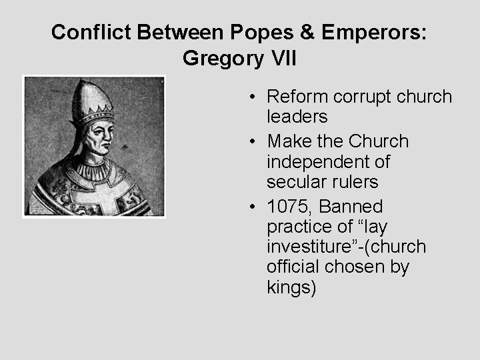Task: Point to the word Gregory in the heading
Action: pos(221,59)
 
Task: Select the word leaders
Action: pos(297,117)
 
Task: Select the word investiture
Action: pos(304,247)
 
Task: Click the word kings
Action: pos(291,288)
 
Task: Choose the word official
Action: pos(293,267)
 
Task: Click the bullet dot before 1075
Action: pos(255,207)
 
